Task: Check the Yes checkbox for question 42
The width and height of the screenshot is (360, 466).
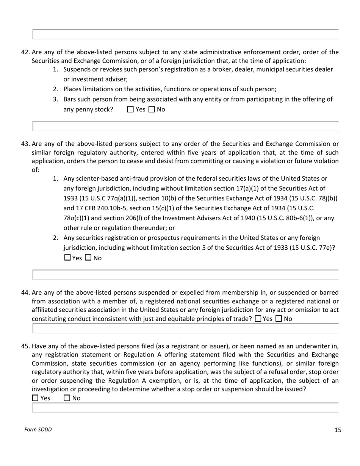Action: tap(131, 109)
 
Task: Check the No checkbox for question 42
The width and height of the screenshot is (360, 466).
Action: tap(152, 109)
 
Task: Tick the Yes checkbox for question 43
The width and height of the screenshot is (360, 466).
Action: tap(67, 258)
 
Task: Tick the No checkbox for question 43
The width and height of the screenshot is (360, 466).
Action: tap(88, 258)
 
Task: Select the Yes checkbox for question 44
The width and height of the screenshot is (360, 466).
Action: tap(258, 319)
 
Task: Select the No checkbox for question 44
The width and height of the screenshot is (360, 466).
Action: tap(279, 319)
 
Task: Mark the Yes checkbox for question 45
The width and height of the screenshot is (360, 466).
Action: tap(35, 398)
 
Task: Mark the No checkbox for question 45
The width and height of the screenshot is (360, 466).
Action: tap(67, 398)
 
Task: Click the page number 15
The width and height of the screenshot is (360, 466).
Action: tap(338, 430)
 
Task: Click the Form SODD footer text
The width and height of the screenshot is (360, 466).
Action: tap(38, 429)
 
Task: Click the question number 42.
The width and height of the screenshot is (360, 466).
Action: tap(25, 52)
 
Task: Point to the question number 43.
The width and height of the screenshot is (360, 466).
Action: tap(25, 144)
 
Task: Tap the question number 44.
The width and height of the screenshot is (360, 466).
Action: tap(25, 292)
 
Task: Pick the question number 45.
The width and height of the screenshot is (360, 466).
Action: tap(25, 346)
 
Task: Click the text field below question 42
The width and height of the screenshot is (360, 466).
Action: tap(186, 126)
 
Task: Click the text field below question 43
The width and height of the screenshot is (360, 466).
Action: tap(186, 275)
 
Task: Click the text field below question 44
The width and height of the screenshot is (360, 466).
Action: tap(186, 328)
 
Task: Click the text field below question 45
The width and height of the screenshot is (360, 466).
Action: tap(186, 408)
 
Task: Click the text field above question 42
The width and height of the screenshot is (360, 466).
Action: tap(186, 34)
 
